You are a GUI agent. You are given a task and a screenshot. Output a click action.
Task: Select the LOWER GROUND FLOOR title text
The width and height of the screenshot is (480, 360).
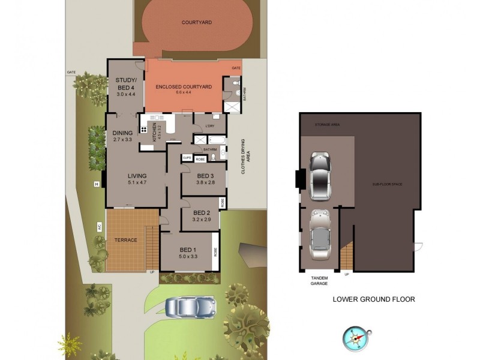[374, 299]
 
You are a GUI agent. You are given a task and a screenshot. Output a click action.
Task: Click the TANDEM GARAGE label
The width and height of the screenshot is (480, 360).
[319, 281]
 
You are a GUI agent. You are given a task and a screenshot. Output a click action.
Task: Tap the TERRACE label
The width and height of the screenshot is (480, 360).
[126, 240]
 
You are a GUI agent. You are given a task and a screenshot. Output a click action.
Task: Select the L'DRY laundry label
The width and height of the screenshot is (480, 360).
[211, 125]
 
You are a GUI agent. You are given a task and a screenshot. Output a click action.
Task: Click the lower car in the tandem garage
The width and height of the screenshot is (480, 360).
[320, 232]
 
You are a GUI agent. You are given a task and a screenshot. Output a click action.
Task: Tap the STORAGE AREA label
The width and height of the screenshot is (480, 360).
[328, 125]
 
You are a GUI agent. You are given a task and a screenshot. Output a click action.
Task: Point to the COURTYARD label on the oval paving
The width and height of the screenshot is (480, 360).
[197, 23]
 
